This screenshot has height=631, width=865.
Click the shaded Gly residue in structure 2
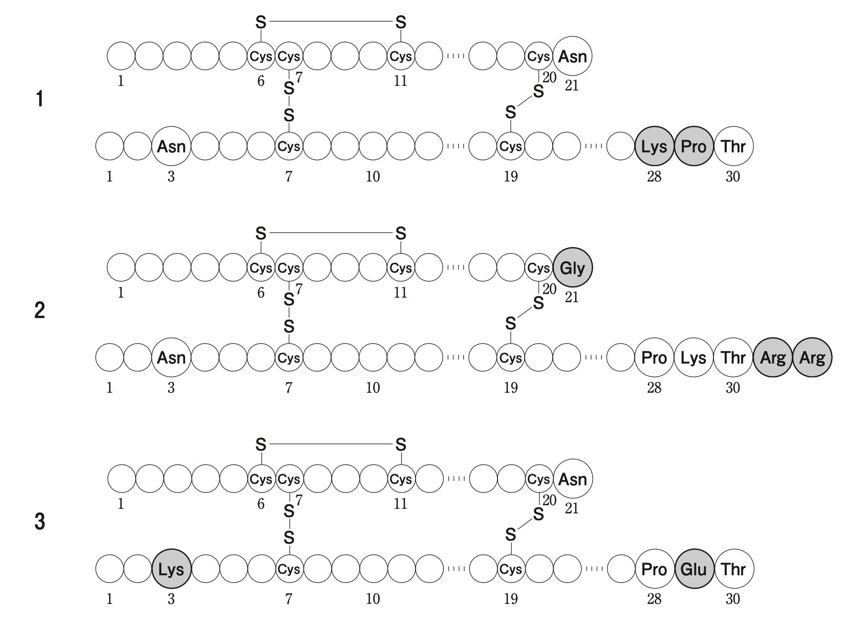pyautogui.click(x=572, y=267)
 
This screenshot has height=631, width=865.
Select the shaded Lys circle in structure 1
pyautogui.click(x=654, y=147)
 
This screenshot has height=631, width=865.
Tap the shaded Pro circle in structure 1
pyautogui.click(x=694, y=147)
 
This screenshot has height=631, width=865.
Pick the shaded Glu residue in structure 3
pyautogui.click(x=694, y=569)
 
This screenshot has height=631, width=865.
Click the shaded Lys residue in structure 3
pyautogui.click(x=171, y=569)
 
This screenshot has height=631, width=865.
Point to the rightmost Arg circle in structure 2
pyautogui.click(x=812, y=358)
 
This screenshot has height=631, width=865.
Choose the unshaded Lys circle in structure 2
pyautogui.click(x=694, y=358)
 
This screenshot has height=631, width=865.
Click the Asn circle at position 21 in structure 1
pyautogui.click(x=572, y=56)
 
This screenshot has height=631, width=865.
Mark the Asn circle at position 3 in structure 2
pyautogui.click(x=171, y=358)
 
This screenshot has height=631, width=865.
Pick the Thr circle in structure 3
pyautogui.click(x=733, y=569)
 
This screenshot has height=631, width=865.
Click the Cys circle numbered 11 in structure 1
pyautogui.click(x=400, y=56)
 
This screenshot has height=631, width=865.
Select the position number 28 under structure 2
pyautogui.click(x=654, y=388)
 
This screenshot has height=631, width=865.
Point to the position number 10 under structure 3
pyautogui.click(x=373, y=599)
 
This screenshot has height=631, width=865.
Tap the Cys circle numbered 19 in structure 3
pyautogui.click(x=510, y=569)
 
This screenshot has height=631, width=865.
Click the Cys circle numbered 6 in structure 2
pyautogui.click(x=261, y=267)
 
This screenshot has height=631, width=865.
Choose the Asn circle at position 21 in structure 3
pyautogui.click(x=572, y=479)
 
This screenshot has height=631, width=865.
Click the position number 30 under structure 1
pyautogui.click(x=733, y=177)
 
